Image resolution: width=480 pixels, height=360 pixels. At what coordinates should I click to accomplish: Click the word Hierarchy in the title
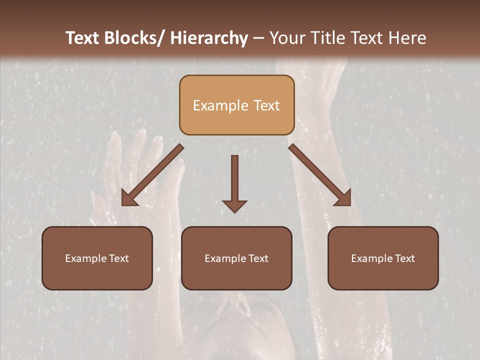pos(209,38)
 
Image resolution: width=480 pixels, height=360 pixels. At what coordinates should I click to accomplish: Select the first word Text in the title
pos(83,38)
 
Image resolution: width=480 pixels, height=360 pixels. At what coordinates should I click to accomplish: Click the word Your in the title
pos(287,38)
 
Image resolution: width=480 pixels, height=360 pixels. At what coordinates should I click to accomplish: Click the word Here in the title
pos(407,38)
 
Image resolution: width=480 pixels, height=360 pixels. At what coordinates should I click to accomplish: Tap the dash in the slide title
pos(258,38)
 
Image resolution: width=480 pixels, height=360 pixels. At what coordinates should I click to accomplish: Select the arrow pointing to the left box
pos(153,175)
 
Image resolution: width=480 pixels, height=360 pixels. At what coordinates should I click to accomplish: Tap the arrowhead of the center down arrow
pos(234,205)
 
